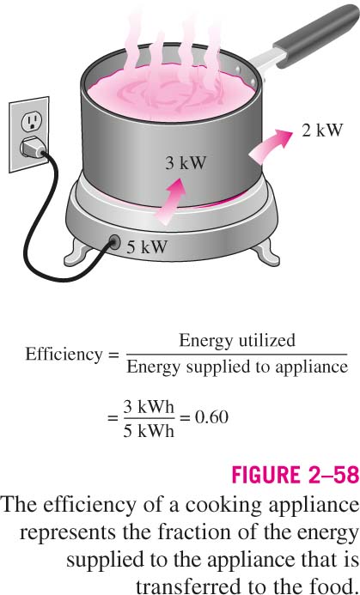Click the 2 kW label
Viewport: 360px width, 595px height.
[322, 131]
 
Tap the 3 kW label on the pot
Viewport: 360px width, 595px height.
[186, 163]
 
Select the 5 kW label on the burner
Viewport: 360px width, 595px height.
[147, 247]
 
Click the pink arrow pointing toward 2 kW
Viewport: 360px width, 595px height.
[269, 146]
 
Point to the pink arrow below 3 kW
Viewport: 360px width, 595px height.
[170, 200]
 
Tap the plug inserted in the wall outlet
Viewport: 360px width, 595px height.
[33, 148]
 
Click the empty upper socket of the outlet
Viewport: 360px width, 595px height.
[32, 121]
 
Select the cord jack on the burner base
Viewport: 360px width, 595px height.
[114, 241]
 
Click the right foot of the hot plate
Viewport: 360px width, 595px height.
[265, 252]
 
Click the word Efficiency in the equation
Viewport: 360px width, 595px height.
[64, 355]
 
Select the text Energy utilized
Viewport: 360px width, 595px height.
[237, 340]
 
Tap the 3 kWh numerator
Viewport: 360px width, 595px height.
[149, 407]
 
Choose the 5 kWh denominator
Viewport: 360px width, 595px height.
[149, 431]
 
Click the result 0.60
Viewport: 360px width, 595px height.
[211, 417]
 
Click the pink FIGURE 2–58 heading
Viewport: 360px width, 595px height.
[296, 474]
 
